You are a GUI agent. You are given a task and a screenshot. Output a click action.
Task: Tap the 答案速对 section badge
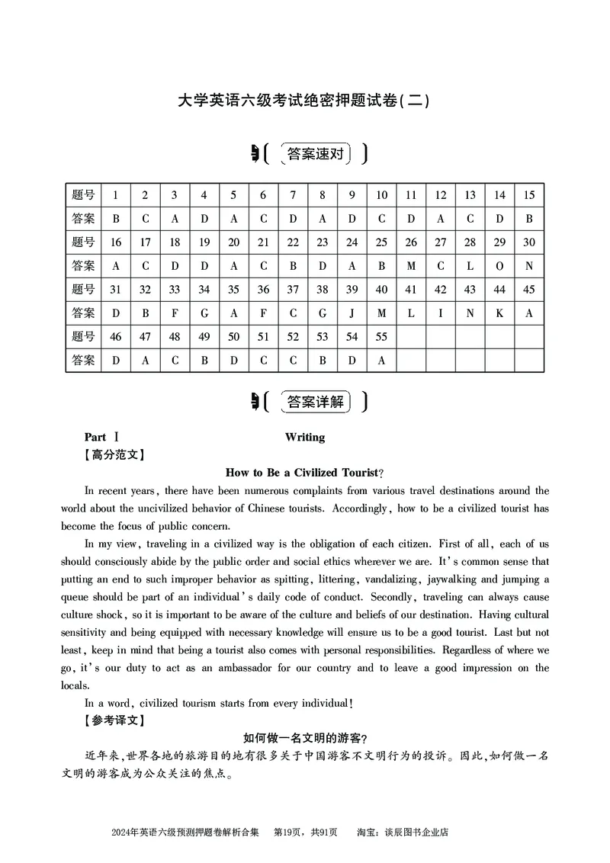[315, 154]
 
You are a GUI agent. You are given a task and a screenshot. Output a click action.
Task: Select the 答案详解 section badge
[315, 401]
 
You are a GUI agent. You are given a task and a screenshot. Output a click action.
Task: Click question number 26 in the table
[411, 242]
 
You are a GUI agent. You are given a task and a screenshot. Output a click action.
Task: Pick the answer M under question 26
[411, 266]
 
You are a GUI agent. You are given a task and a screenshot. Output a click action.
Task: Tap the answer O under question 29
[499, 266]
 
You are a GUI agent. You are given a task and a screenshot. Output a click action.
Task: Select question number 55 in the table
[381, 337]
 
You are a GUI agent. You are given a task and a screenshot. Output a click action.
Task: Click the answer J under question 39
[352, 313]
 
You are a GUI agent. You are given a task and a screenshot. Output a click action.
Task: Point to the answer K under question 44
[499, 313]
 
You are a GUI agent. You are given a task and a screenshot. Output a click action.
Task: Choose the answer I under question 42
[441, 313]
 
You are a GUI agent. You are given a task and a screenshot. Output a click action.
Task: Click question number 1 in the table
[116, 195]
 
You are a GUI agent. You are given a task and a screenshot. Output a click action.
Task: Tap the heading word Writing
[305, 437]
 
